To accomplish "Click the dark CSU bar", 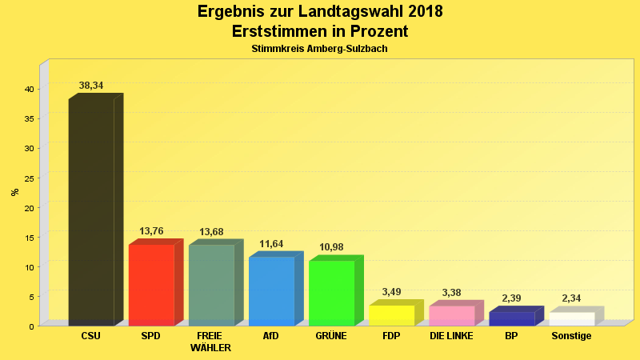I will [91, 212].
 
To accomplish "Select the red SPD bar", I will [151, 285].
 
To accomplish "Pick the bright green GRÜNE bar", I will [331, 293].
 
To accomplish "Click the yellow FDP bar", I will [391, 315].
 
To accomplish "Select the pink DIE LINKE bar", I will [451, 315].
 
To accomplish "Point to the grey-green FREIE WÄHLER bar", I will [211, 285].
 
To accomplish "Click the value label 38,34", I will [91, 86].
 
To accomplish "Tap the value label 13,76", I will [151, 231].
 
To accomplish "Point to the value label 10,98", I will [331, 247].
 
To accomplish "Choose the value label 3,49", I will [391, 292].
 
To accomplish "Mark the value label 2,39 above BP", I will [511, 298].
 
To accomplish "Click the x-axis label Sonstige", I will [571, 336].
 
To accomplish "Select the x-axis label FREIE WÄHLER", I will [211, 342].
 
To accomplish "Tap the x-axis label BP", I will [511, 336].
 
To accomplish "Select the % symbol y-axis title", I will [14, 192].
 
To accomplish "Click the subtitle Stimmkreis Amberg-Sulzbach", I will [319, 49].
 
